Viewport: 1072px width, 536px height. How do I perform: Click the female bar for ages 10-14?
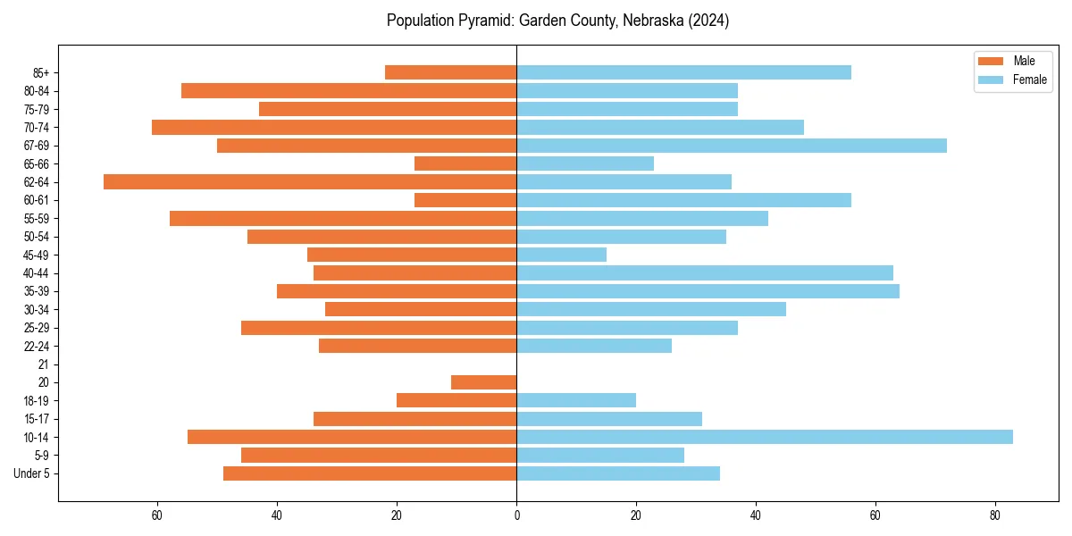(764, 437)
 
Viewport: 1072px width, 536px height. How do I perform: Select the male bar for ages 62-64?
(310, 181)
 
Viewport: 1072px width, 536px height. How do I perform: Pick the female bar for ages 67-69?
(731, 146)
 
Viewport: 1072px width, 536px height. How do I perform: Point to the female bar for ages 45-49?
(561, 255)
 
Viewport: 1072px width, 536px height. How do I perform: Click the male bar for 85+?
(450, 72)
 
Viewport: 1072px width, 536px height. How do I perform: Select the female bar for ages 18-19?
(576, 400)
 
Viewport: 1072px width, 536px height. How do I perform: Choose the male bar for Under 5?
(369, 473)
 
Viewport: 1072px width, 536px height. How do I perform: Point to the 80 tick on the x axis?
(994, 515)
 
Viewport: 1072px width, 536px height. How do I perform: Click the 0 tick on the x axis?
(516, 515)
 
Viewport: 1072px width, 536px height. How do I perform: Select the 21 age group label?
(43, 364)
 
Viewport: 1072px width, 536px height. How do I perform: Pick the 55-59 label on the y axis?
(36, 218)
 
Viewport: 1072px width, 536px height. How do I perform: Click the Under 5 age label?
(31, 473)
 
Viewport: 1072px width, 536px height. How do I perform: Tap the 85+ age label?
(39, 72)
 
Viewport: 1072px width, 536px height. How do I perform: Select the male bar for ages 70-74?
(334, 127)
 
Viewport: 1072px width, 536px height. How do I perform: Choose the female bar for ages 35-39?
(708, 291)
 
